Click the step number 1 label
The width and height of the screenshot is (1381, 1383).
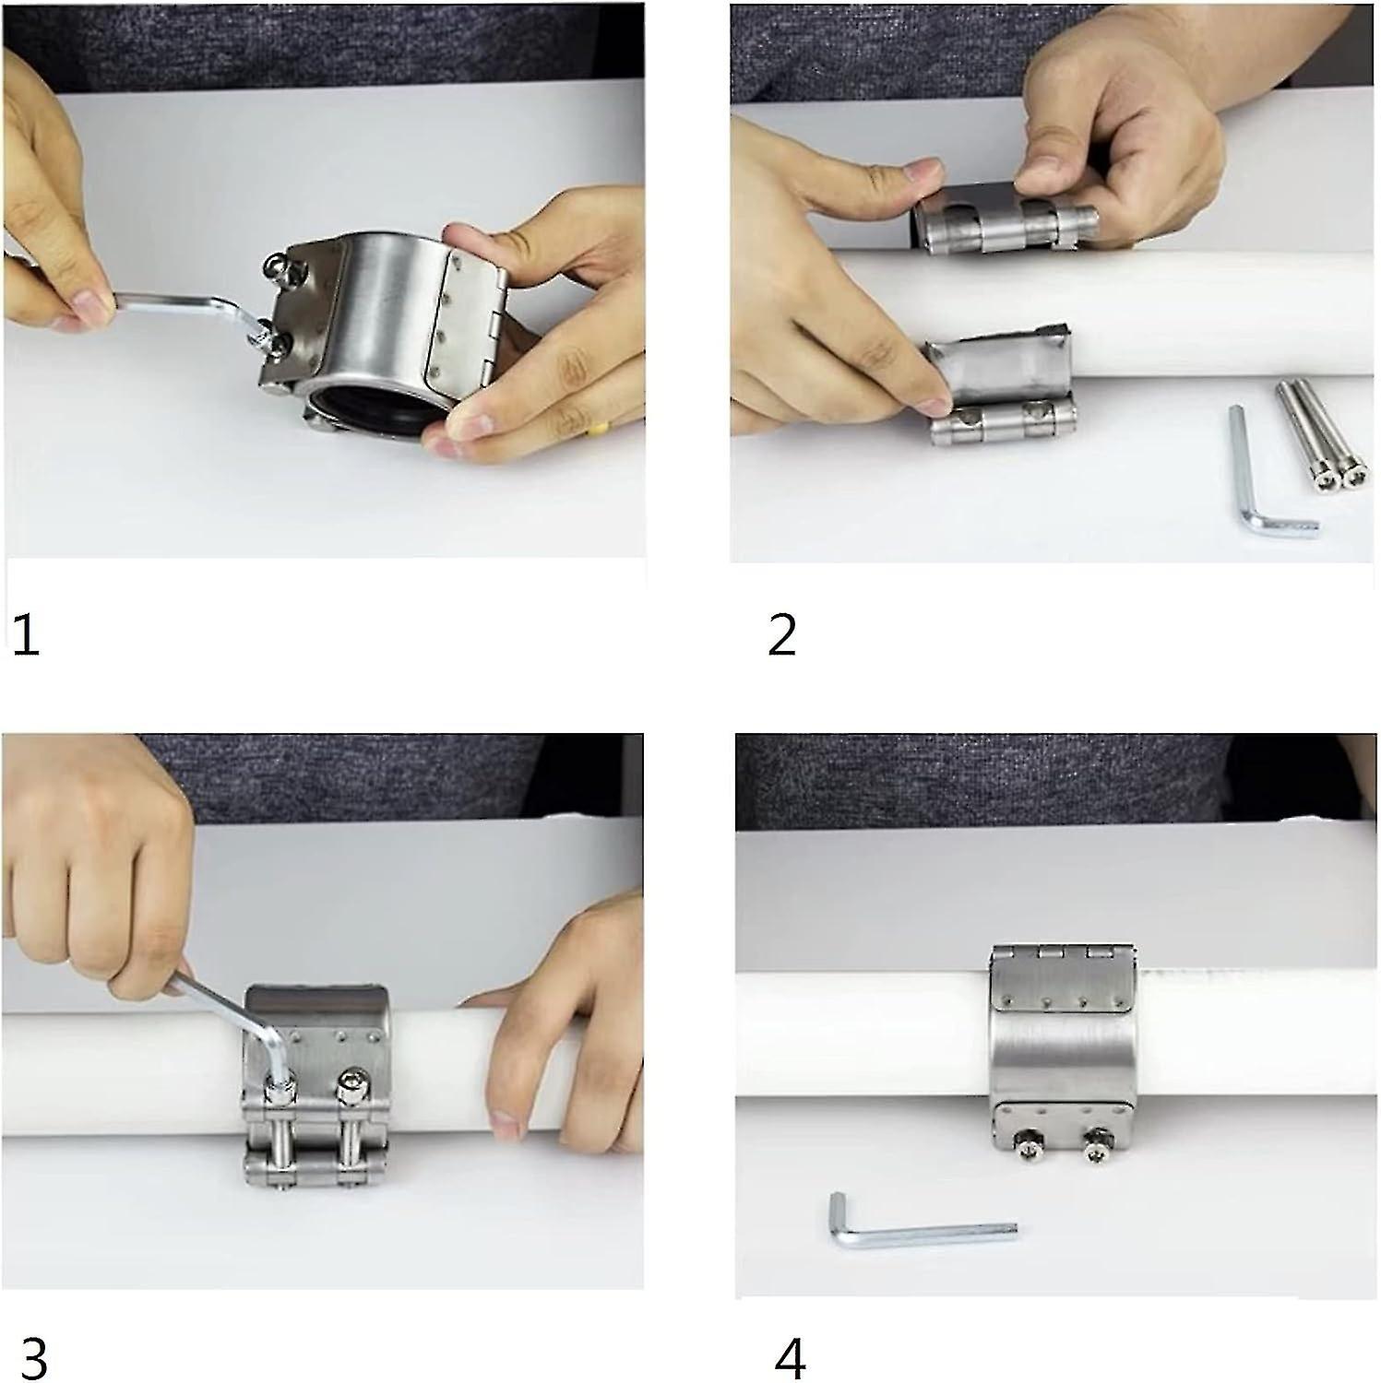tap(26, 635)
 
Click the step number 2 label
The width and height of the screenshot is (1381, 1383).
tap(781, 635)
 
